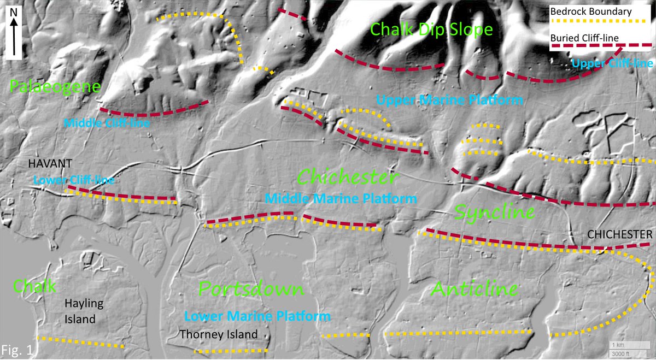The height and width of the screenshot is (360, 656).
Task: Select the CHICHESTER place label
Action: pos(619,234)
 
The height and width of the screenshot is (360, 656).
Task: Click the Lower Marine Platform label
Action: pos(257,316)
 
